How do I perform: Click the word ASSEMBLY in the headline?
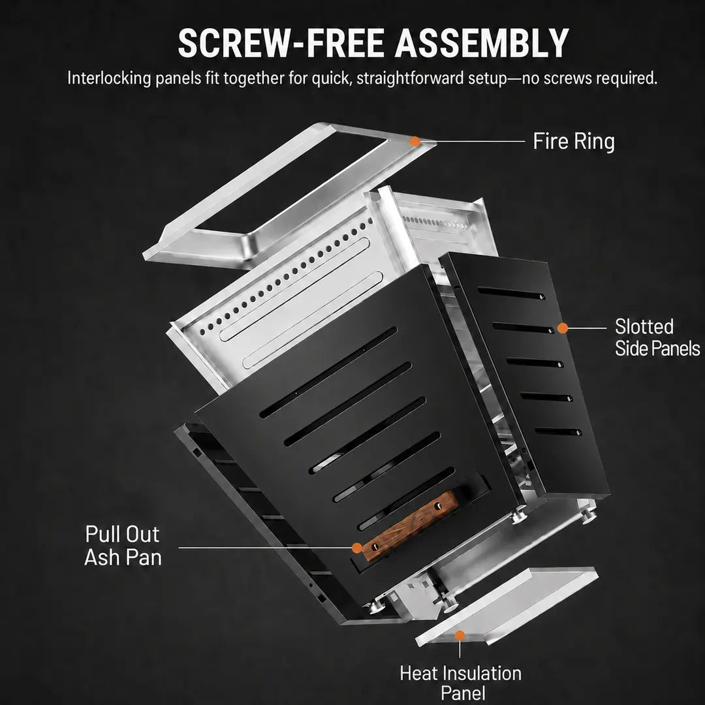click(482, 43)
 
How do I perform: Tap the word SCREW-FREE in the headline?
click(281, 43)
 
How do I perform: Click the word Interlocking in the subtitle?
click(109, 78)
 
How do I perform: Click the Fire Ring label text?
click(574, 141)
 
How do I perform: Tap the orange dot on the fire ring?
click(415, 142)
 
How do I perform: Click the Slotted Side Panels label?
click(657, 337)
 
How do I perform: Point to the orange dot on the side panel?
click(563, 328)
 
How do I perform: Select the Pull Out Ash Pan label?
click(123, 546)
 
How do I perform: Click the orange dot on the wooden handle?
click(357, 548)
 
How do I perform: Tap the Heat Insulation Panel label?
click(461, 683)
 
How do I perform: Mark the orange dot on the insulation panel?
click(460, 635)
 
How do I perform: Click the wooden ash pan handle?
click(409, 525)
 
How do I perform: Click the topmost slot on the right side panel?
click(511, 293)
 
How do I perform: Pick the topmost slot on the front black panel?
click(328, 372)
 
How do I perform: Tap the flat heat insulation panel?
click(507, 606)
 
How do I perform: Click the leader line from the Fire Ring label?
click(473, 141)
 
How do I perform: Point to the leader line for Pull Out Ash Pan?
click(265, 548)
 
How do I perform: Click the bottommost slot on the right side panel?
click(558, 431)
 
